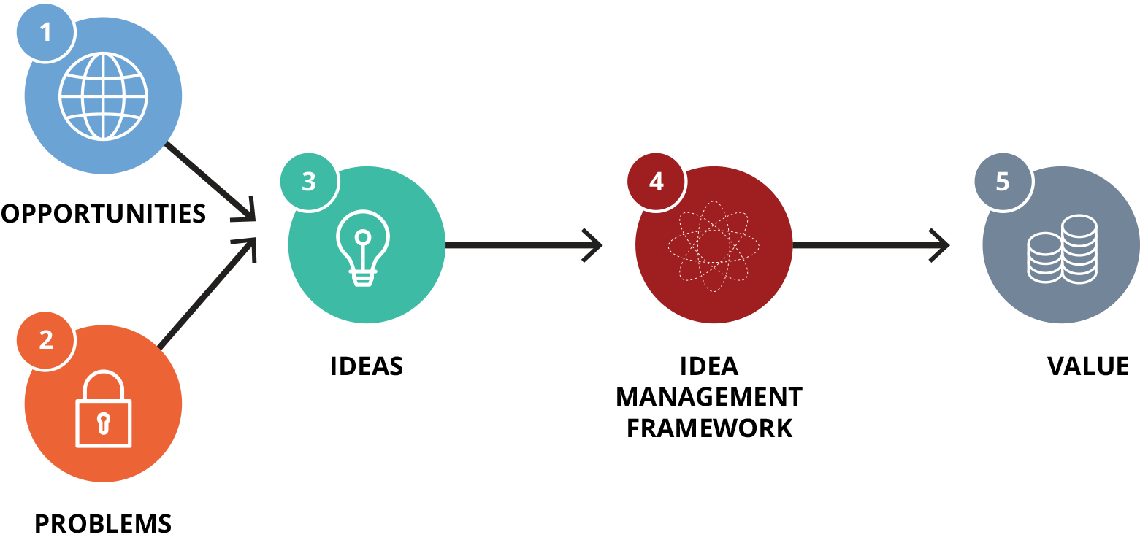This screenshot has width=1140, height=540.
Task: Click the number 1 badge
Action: tap(45, 34)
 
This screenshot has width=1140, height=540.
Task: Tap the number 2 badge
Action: tap(46, 340)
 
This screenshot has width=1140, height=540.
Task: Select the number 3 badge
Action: tap(308, 182)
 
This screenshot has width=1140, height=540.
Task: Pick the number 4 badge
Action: tap(656, 182)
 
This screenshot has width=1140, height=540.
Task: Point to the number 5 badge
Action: tap(1003, 182)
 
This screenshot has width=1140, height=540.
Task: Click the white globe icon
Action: tap(103, 96)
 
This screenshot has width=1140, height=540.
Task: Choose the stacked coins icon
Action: tap(1062, 249)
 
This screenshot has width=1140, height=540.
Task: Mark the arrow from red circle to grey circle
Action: tap(871, 246)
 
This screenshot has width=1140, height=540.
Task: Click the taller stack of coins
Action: tap(1079, 248)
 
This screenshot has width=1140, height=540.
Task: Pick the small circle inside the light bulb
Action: tap(362, 236)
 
